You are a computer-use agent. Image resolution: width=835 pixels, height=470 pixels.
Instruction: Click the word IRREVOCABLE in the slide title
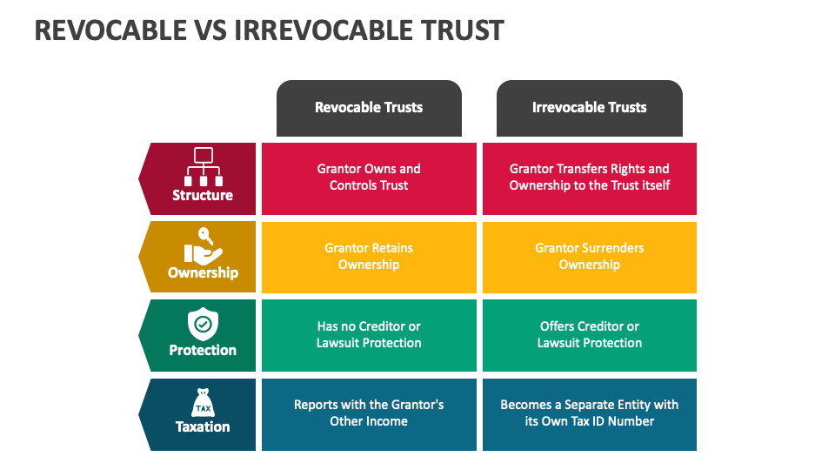(324, 30)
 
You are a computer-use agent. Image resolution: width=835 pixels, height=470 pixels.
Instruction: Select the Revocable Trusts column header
(369, 108)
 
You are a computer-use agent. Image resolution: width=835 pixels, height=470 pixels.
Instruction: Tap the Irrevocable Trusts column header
(590, 108)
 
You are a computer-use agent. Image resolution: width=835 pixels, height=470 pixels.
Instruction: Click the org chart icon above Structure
(204, 166)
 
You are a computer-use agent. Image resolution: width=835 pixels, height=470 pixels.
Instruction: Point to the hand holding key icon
(203, 246)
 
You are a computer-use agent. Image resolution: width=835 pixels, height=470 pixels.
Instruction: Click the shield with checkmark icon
(203, 324)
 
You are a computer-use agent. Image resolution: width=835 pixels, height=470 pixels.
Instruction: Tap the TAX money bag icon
(203, 403)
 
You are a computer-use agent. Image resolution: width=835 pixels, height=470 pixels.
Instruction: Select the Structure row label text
(203, 195)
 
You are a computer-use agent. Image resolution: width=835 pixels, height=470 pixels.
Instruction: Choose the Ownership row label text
(203, 272)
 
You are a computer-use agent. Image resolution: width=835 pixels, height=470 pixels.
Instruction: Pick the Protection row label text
(203, 350)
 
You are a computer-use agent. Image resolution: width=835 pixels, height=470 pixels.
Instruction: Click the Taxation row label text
(203, 426)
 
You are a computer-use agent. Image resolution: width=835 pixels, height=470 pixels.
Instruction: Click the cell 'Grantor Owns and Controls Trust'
(369, 178)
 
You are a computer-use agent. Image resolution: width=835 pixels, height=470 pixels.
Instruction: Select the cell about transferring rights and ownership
(590, 178)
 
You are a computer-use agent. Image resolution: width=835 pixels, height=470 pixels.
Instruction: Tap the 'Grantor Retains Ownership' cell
(369, 258)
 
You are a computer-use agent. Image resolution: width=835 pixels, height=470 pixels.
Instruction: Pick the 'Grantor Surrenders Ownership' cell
(590, 258)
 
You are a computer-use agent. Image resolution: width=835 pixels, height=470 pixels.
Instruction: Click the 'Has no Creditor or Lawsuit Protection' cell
(369, 335)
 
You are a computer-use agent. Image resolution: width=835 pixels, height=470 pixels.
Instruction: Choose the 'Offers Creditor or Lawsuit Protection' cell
(590, 335)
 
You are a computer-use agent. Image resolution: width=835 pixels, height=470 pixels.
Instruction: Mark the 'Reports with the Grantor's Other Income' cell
(369, 414)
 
